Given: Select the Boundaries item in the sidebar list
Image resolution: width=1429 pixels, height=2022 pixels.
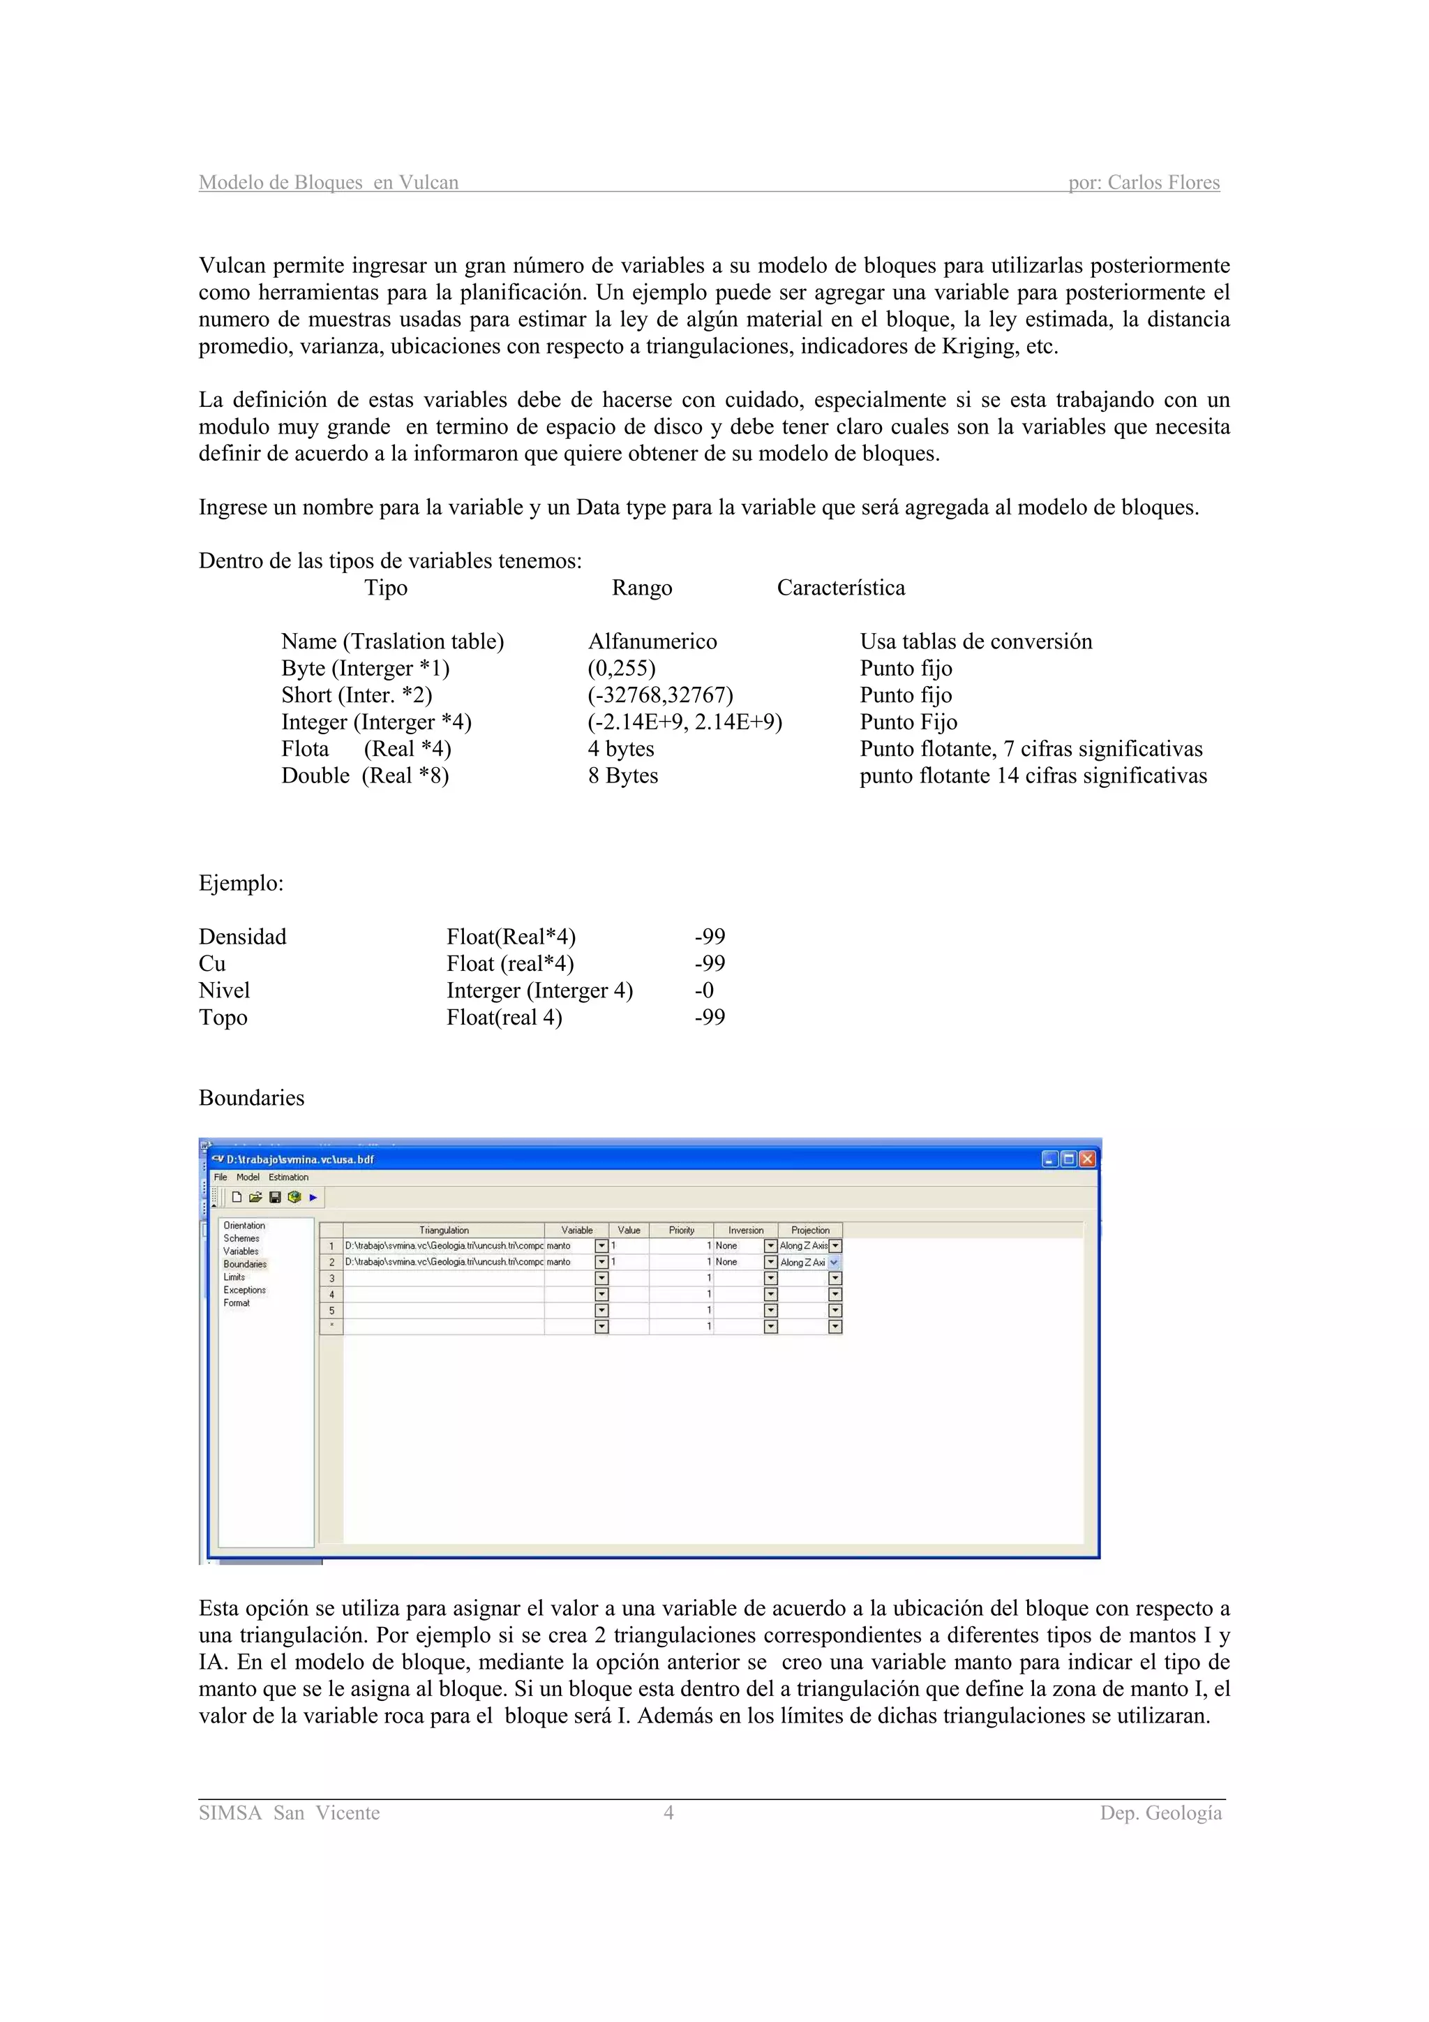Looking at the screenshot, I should tap(245, 1264).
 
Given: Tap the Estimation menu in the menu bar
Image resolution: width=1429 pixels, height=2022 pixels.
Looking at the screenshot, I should tap(289, 1177).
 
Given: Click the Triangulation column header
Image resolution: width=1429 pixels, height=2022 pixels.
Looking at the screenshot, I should tap(444, 1231).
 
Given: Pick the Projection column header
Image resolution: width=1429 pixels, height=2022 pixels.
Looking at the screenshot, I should tap(810, 1231).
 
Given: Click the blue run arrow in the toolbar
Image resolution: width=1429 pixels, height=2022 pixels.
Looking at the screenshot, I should tap(313, 1197).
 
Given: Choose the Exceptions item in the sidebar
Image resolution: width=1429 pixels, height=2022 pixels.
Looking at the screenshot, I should tap(244, 1290).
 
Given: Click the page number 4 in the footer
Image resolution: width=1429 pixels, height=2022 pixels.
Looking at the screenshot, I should tap(668, 1813).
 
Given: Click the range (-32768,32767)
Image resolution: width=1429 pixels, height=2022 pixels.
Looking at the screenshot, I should tap(660, 695).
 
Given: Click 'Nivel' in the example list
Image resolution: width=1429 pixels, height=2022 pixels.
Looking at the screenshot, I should tap(225, 990).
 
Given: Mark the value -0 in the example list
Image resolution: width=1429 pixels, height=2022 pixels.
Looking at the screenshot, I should tap(703, 990).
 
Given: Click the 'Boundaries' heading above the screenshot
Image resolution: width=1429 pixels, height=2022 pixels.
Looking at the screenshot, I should tap(252, 1098).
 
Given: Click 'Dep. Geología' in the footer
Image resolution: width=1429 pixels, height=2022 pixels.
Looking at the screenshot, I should tap(1160, 1813).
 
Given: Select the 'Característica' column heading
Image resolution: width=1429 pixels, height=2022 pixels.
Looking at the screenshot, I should tap(841, 588).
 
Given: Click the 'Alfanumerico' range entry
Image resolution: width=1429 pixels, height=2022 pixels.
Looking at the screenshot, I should tap(652, 642).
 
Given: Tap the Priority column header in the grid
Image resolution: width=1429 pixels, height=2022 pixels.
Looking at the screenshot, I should tap(682, 1231).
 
